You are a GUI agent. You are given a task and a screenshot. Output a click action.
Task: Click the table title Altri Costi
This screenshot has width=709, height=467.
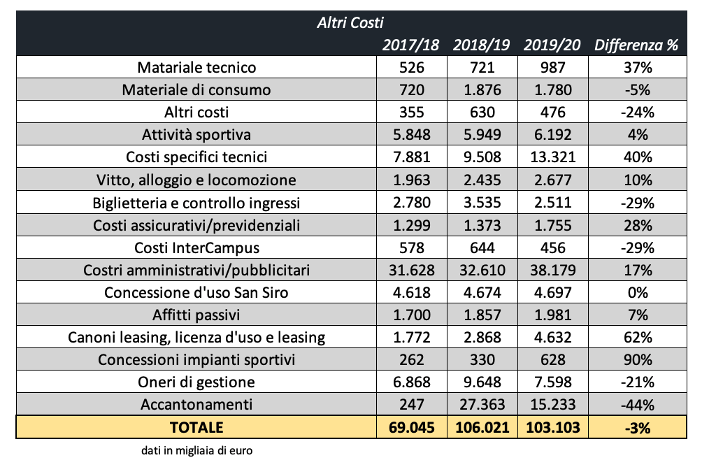[350, 22]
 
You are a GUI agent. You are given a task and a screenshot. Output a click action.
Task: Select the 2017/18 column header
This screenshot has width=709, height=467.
[411, 45]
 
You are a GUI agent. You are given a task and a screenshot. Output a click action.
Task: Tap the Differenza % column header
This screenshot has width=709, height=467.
[636, 45]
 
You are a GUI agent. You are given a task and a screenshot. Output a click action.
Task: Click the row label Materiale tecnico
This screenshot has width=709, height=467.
[196, 68]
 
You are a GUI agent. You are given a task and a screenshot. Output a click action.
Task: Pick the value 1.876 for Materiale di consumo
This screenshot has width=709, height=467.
[482, 90]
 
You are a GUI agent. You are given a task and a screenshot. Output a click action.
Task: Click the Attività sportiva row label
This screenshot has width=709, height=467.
[196, 135]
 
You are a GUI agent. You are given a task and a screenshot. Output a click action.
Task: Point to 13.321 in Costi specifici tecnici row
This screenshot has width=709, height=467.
[552, 157]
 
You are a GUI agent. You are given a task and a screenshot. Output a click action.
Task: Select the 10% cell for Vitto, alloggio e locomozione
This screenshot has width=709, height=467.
[638, 180]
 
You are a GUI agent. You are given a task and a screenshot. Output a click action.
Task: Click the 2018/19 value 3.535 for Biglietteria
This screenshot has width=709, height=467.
[482, 203]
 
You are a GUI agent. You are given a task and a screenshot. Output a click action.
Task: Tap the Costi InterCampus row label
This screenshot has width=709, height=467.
[196, 247]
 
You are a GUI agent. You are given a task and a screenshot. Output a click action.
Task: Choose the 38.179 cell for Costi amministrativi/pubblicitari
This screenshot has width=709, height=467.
[552, 270]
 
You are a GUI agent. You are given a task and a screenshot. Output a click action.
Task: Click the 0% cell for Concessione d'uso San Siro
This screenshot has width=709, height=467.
[638, 292]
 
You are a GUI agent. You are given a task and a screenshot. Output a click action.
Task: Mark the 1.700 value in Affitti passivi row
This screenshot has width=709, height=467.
[411, 315]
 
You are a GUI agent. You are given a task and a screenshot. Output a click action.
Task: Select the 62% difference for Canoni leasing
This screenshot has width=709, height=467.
[638, 337]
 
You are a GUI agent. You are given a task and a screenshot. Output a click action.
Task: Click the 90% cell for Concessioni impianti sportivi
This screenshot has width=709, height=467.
[638, 359]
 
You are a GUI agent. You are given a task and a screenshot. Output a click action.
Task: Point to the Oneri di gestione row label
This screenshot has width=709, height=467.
[196, 382]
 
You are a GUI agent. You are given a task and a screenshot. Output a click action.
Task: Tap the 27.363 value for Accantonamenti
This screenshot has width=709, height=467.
[482, 404]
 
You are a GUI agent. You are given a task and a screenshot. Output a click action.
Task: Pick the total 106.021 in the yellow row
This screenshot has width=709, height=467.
[482, 427]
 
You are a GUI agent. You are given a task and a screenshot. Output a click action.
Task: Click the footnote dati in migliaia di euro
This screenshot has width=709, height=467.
[196, 451]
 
